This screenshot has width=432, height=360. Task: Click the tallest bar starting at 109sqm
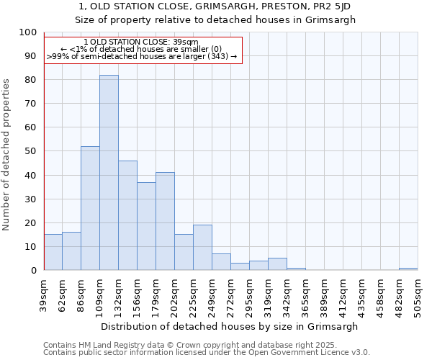[x=109, y=173]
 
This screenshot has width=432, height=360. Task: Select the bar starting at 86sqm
[x=90, y=208]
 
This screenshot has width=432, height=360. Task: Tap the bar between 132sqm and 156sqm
[x=127, y=215]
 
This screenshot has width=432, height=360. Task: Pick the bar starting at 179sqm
[x=165, y=221]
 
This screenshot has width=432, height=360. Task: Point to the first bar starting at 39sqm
[x=53, y=252]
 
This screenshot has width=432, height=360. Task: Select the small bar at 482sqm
[x=408, y=269]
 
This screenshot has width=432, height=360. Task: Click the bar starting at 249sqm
[x=221, y=262]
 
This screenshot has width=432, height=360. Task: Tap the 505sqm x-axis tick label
[x=418, y=294]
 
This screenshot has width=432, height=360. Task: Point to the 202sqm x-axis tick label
[x=175, y=294]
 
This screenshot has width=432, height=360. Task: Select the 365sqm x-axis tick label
[x=305, y=294]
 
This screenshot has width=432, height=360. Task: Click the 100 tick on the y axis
[x=28, y=32]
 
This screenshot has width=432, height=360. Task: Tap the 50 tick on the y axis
[x=30, y=151]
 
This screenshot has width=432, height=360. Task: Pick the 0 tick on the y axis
[x=33, y=270]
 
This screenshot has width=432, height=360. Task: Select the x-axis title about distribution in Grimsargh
[x=229, y=326]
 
